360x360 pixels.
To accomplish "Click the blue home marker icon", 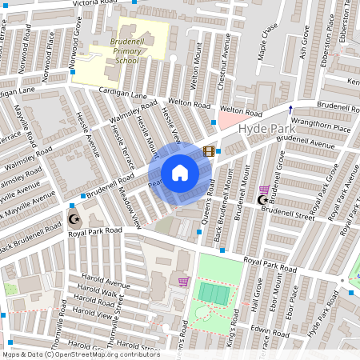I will pos(180,173).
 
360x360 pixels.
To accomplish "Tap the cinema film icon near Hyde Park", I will pos(209,150).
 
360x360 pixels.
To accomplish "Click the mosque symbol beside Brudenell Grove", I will pos(261,199).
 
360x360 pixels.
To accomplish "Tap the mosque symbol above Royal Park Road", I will pos(74,218).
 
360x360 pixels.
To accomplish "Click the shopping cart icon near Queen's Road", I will pos(183,282).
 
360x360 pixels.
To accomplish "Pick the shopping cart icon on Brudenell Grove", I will pos(264,190).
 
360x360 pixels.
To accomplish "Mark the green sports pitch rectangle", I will pos(211,293).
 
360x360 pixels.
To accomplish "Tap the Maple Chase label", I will pos(266,41).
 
